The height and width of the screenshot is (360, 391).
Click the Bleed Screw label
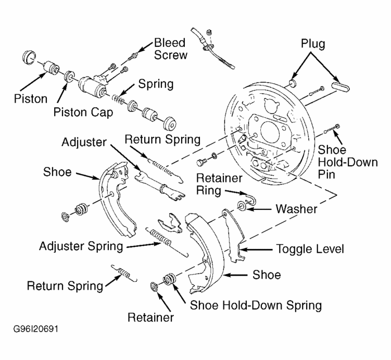coord(171,49)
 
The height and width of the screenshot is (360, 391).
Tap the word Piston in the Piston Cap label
coord(70,112)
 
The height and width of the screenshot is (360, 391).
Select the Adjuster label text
coord(84,142)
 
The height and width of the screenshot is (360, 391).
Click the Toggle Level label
coord(311,249)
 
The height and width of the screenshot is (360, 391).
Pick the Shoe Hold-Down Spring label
coord(256,305)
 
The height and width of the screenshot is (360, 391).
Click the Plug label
coord(313,44)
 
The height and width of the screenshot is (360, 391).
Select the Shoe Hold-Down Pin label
coord(338,161)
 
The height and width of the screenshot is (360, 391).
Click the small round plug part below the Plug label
coord(292,83)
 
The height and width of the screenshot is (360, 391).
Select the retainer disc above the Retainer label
coord(154,287)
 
